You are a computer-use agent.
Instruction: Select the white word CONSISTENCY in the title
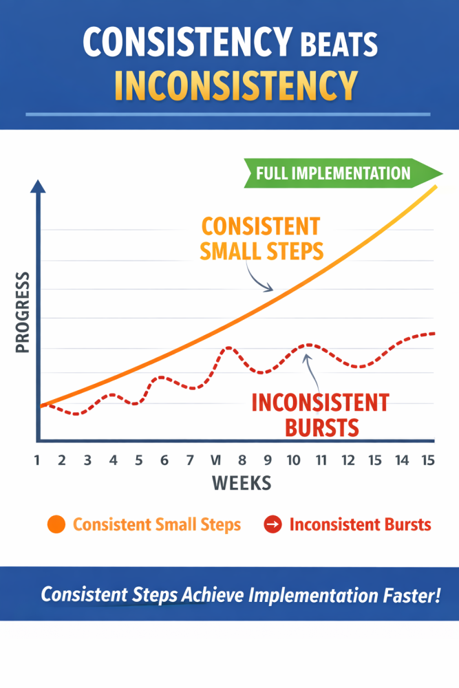[x=186, y=43]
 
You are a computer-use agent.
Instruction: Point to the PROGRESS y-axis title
[x=23, y=312]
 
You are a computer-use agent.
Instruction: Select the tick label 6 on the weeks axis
[x=164, y=460]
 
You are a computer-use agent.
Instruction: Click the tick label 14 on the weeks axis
[x=402, y=460]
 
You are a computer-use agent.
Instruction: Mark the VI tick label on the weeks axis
[x=215, y=460]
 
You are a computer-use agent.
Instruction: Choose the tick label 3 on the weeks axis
[x=87, y=460]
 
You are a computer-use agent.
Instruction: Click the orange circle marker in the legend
[x=56, y=524]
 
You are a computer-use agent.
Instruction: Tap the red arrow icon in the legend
[x=273, y=524]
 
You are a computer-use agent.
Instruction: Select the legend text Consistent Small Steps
[x=157, y=524]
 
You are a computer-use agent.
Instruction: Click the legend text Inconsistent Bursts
[x=360, y=524]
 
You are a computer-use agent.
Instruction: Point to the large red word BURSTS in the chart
[x=321, y=427]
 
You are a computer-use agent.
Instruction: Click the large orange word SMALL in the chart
[x=230, y=251]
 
